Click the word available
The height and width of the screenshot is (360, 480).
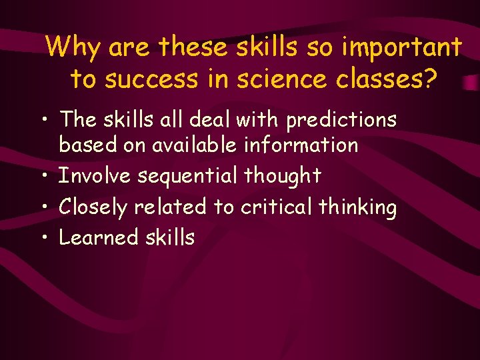(193, 145)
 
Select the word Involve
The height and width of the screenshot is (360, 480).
(96, 176)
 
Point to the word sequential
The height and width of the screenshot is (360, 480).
(189, 176)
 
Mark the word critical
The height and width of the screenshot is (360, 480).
(276, 207)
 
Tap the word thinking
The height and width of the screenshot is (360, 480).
(357, 207)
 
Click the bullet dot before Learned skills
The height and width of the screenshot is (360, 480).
(43, 239)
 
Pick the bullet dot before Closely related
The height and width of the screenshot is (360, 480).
(43, 208)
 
